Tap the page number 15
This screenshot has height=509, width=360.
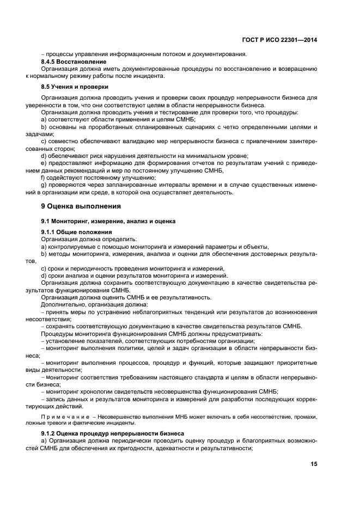[313, 464]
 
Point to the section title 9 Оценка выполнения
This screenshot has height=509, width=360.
[81, 206]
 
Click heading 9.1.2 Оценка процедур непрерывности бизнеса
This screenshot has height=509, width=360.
[112, 433]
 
